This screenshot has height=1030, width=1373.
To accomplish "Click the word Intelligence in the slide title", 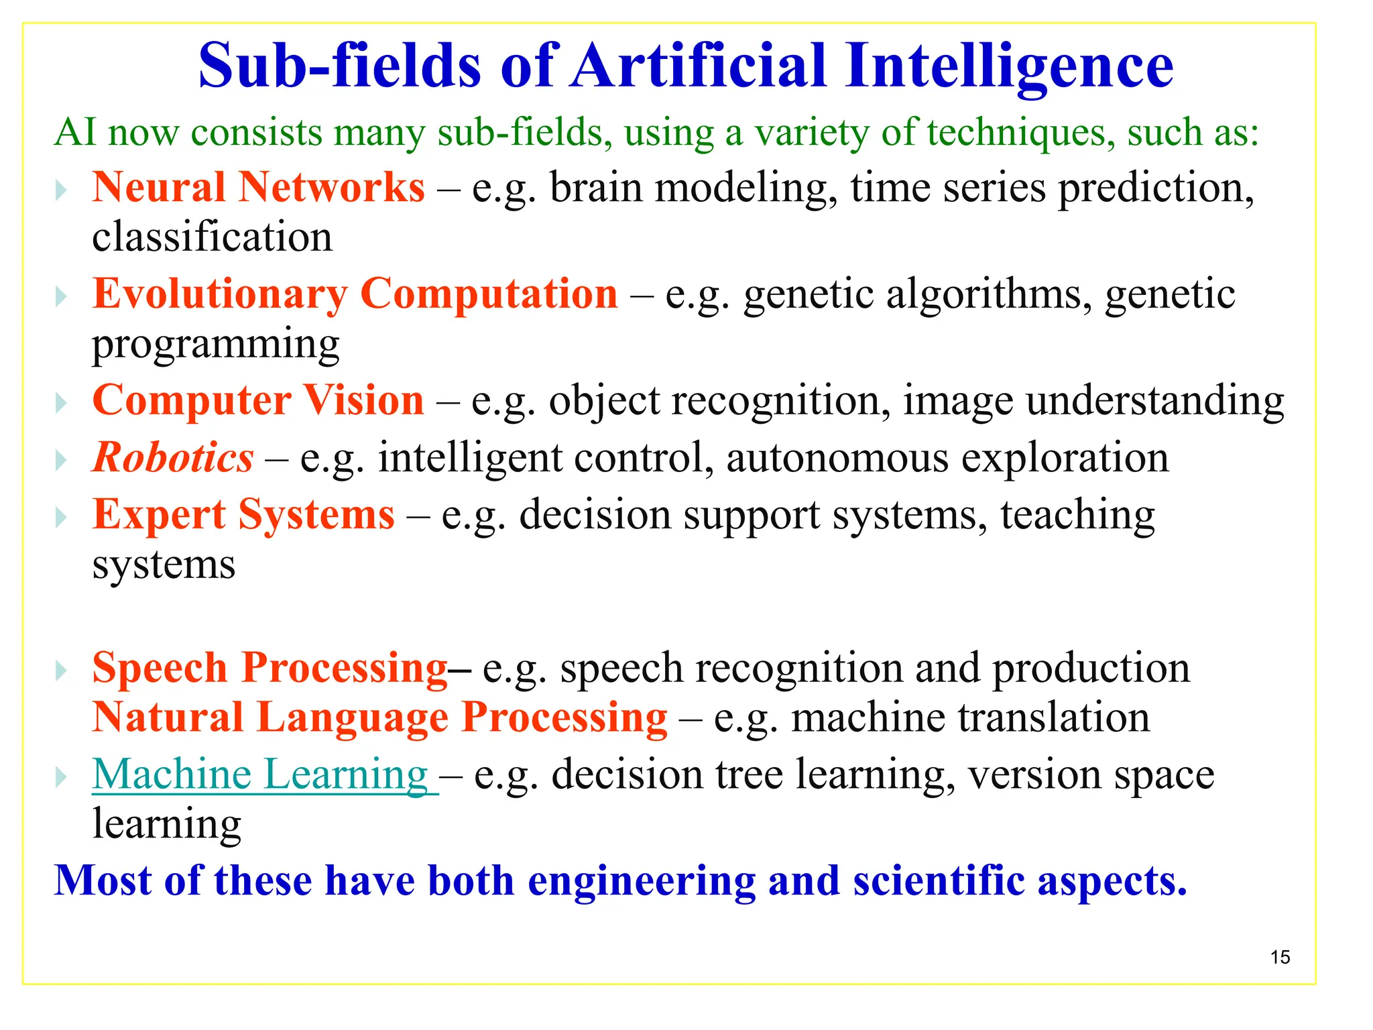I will (1009, 66).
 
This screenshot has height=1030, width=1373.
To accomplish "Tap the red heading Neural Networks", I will (258, 187).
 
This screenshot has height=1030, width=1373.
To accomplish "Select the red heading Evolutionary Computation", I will (355, 294).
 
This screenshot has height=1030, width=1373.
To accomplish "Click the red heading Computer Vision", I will (258, 400).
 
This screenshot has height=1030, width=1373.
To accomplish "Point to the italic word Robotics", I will (173, 458).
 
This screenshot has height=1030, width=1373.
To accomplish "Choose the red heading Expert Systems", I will (243, 515).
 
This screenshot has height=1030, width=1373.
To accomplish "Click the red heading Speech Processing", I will (270, 668).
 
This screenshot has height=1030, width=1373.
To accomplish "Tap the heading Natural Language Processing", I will (379, 718).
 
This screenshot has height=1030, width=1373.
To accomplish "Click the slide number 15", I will (1280, 957).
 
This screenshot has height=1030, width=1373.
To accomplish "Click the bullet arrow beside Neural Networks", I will (61, 190).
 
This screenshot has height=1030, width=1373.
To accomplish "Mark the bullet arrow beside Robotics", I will (61, 461).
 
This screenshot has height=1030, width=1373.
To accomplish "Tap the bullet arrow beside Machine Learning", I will (61, 778).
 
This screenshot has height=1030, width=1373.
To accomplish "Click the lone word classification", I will (212, 237).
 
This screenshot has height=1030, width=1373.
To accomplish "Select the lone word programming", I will (215, 345).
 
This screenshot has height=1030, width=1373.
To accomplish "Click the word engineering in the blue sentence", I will (642, 880).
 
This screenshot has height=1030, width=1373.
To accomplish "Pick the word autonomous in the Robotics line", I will (837, 458).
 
